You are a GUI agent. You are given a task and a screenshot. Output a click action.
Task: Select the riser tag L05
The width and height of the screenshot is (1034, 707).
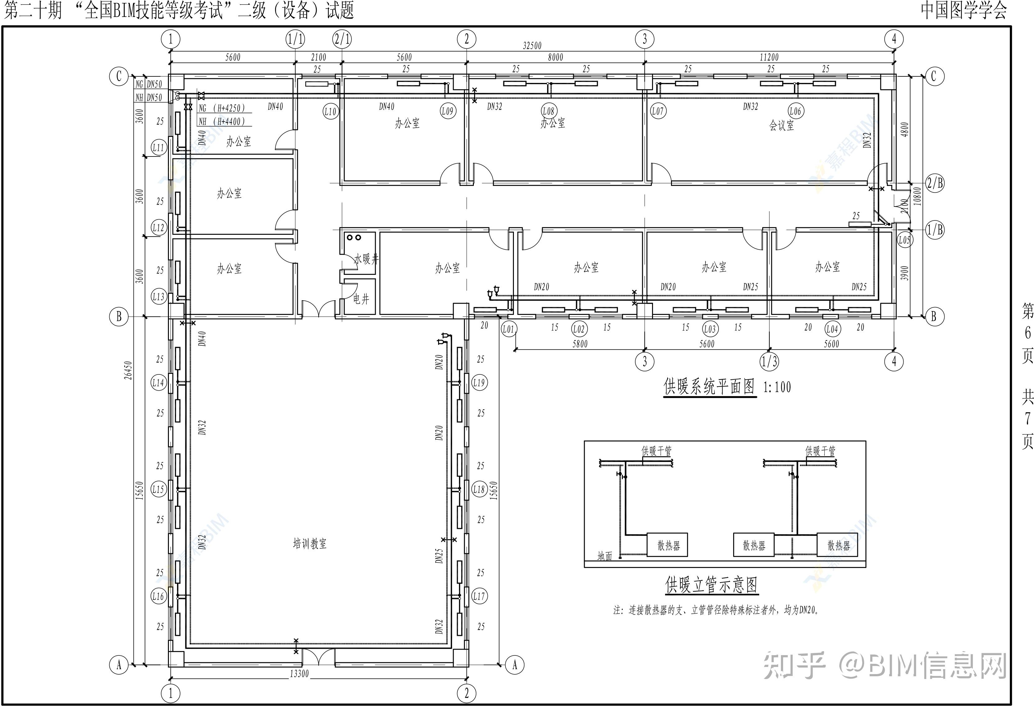(x=904, y=240)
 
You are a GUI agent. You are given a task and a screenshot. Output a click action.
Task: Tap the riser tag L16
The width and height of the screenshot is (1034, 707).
(x=158, y=596)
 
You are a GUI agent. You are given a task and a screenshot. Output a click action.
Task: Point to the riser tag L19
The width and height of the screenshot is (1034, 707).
(x=479, y=382)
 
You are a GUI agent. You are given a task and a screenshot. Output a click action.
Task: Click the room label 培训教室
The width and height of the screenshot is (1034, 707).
(x=310, y=544)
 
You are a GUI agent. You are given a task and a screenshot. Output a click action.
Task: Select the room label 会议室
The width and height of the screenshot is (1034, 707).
(x=782, y=125)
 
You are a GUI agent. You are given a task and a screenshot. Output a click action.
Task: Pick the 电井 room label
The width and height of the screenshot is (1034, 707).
(x=361, y=299)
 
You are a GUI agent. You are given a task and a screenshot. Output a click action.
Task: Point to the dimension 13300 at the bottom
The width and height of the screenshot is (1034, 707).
(x=299, y=674)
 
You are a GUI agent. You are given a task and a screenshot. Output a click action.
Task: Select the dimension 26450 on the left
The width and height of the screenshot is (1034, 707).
(x=128, y=370)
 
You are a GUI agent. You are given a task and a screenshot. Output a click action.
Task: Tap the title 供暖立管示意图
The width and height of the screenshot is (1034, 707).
(x=711, y=585)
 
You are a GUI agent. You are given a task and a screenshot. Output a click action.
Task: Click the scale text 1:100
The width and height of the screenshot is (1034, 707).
(x=777, y=387)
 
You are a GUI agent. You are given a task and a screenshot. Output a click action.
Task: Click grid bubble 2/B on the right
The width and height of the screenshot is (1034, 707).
(x=934, y=183)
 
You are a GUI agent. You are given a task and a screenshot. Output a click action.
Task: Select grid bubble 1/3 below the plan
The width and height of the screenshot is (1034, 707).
(x=769, y=361)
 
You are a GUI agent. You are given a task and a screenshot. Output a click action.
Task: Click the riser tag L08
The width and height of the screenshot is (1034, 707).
(x=549, y=111)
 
